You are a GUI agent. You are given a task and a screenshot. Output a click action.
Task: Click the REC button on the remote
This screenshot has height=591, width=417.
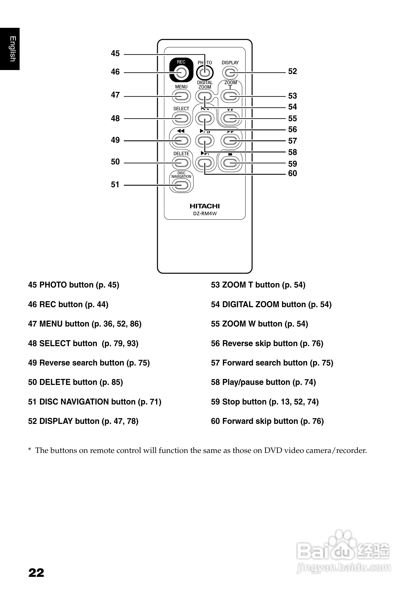click(181, 73)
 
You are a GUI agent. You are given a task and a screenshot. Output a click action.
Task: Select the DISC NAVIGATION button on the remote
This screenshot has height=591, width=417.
click(181, 185)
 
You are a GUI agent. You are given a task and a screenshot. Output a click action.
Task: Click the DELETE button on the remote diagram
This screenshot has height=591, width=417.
click(181, 163)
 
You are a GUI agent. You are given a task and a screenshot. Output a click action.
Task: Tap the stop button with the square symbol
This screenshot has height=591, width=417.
click(230, 163)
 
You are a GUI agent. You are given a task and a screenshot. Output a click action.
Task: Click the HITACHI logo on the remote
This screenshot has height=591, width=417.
click(205, 206)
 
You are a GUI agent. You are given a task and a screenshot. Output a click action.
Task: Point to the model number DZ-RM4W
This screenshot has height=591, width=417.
click(205, 214)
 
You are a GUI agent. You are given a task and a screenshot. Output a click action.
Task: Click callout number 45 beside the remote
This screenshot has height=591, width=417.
click(115, 54)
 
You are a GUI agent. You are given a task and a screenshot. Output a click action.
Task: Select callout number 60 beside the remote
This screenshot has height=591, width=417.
click(292, 174)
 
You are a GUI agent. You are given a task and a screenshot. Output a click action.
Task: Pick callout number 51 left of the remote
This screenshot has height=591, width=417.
click(115, 185)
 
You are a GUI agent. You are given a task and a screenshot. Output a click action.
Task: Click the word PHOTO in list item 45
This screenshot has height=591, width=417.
click(54, 285)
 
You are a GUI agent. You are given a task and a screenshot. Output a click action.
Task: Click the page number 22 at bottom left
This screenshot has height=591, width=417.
click(36, 573)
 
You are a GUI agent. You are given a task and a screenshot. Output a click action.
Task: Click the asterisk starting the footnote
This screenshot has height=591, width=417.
click(30, 450)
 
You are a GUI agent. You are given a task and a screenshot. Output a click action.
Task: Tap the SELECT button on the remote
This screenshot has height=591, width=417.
click(181, 118)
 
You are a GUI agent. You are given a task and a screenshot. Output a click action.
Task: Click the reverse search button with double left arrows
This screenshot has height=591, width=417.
click(181, 141)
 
